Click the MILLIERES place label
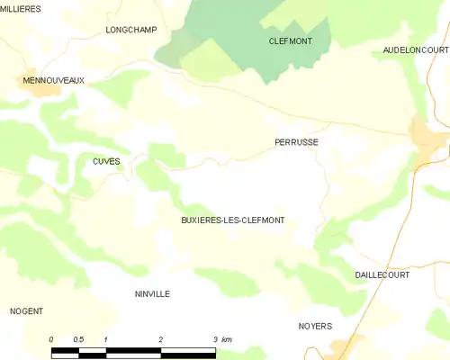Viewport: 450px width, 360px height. pyautogui.click(x=21, y=8)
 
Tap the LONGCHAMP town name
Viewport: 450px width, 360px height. pyautogui.click(x=131, y=30)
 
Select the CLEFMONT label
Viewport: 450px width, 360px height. pyautogui.click(x=290, y=41)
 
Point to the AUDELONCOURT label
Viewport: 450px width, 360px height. pyautogui.click(x=415, y=50)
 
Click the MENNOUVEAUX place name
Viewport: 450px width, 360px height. pyautogui.click(x=53, y=80)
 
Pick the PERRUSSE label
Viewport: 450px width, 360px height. pyautogui.click(x=296, y=142)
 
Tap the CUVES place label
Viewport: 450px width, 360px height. pyautogui.click(x=106, y=161)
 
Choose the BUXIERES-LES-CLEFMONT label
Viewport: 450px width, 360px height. pyautogui.click(x=233, y=220)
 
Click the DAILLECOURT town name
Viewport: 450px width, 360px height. pyautogui.click(x=382, y=274)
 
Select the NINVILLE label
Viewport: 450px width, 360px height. pyautogui.click(x=152, y=294)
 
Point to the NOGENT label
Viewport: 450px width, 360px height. pyautogui.click(x=27, y=311)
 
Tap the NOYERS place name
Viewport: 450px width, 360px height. pyautogui.click(x=315, y=326)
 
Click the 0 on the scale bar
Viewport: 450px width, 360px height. pyautogui.click(x=51, y=339)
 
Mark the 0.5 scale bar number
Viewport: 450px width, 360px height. pyautogui.click(x=79, y=339)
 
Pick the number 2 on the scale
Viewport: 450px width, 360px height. pyautogui.click(x=160, y=339)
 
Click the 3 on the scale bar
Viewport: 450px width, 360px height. pyautogui.click(x=214, y=339)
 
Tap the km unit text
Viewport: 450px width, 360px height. pyautogui.click(x=227, y=339)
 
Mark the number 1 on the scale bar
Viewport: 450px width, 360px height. pyautogui.click(x=106, y=339)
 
